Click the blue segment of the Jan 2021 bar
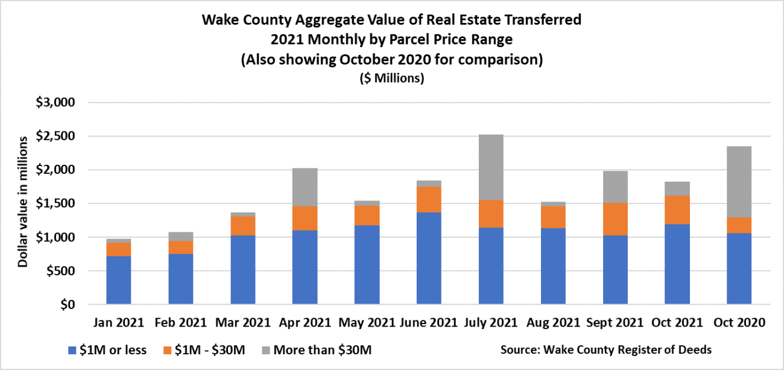pyautogui.click(x=119, y=280)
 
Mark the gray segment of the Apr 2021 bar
pyautogui.click(x=305, y=187)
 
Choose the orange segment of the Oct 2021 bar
pyautogui.click(x=677, y=210)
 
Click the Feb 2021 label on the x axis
pyautogui.click(x=181, y=323)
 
